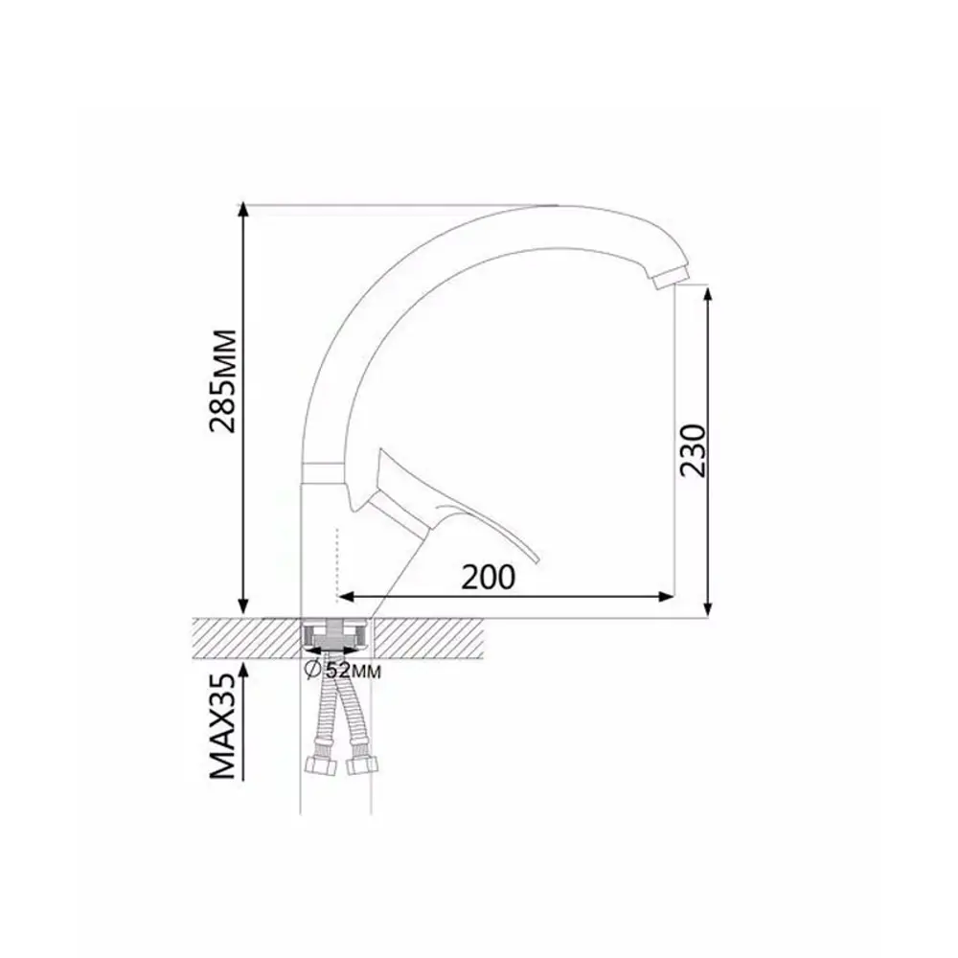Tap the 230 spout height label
tap(693, 450)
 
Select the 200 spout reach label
tap(489, 577)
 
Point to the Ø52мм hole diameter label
tap(343, 670)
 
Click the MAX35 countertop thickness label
tap(222, 726)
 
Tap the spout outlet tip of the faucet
tap(669, 279)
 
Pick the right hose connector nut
tap(362, 764)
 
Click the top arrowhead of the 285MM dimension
tap(243, 209)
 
